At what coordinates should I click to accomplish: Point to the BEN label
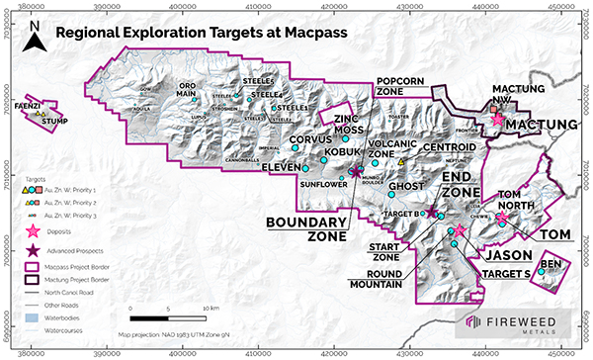(551, 264)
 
